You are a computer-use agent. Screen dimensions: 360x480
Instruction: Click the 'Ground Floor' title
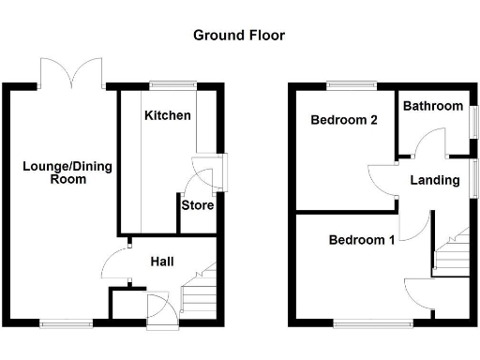239,36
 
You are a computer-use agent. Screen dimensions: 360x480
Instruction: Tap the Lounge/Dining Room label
67,172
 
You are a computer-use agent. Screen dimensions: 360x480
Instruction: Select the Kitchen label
168,116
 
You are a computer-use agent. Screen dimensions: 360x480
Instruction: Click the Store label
198,205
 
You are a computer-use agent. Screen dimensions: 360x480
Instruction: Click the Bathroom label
433,106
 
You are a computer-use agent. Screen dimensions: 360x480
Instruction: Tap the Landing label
435,180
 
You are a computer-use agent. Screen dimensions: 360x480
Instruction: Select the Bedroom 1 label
361,240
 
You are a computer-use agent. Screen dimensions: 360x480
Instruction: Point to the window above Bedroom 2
352,86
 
